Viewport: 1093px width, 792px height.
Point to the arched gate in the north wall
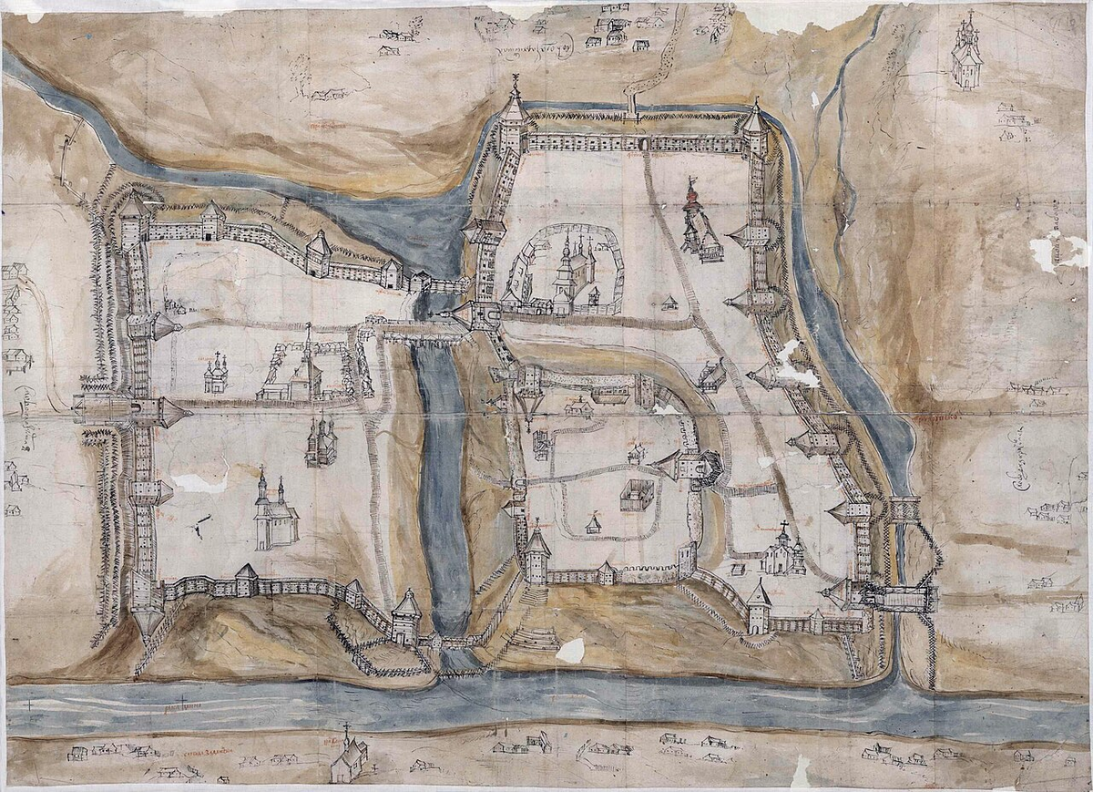point(645,144)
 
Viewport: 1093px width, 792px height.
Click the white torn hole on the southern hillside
point(570,650)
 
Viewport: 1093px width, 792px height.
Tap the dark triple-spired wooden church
point(322,442)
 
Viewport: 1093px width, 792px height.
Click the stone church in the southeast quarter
point(782,552)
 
